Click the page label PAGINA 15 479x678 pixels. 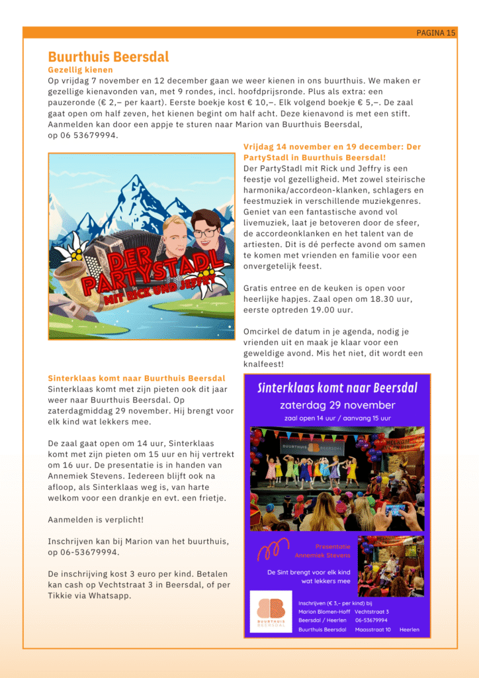pos(435,32)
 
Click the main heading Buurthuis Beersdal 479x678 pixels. pos(109,57)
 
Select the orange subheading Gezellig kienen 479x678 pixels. pos(80,70)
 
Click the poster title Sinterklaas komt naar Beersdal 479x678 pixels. pos(337,387)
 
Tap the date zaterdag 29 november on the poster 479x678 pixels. pos(337,405)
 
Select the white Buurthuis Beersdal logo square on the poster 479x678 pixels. pos(272,612)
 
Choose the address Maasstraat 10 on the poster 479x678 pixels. pos(372,630)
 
